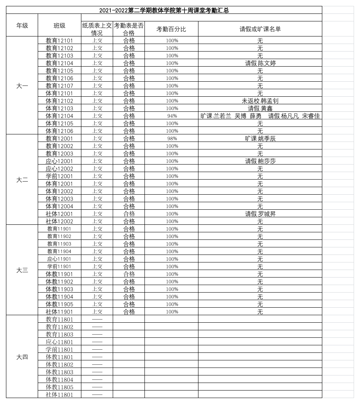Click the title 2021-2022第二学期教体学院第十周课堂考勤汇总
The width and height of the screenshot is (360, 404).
tap(164, 11)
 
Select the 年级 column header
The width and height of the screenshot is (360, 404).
tap(22, 25)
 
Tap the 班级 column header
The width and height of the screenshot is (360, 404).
tap(60, 25)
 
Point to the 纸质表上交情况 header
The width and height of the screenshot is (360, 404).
tap(97, 29)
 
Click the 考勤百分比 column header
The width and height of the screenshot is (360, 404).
tap(171, 29)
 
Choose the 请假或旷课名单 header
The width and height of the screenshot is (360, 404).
tap(260, 29)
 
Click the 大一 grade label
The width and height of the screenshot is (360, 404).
tap(22, 86)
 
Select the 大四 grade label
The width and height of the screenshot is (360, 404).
tap(22, 357)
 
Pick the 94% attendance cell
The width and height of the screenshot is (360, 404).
tap(172, 116)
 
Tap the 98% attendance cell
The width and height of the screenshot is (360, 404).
tap(172, 138)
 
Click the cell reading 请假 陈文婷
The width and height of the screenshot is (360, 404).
tap(260, 63)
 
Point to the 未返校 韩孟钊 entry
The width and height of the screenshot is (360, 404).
tap(260, 101)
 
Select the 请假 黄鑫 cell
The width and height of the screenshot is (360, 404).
tap(260, 108)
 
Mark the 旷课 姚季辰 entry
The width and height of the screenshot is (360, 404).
tap(260, 138)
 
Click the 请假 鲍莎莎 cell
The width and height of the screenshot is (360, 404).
tap(260, 161)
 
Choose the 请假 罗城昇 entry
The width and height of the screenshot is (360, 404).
tap(260, 214)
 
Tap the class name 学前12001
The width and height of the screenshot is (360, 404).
tap(60, 176)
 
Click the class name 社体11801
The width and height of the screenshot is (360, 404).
tap(60, 394)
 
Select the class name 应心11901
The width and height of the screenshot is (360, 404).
tap(60, 259)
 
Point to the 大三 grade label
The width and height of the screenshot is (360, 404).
tap(22, 270)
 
